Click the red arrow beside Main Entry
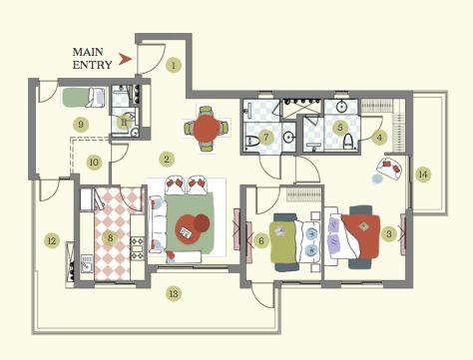tap(125, 59)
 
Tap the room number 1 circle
tap(174, 66)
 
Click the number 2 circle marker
tap(167, 159)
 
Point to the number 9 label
tap(81, 124)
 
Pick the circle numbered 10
tap(94, 161)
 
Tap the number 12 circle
tap(51, 239)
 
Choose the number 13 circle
tap(174, 293)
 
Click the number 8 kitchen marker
tap(111, 236)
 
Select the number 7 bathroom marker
tap(266, 137)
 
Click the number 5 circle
tap(340, 128)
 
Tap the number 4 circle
tap(380, 136)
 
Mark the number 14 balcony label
tap(423, 175)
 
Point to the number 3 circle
tap(389, 234)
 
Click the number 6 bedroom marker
tap(261, 239)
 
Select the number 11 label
tap(125, 121)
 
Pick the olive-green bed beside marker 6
tap(286, 239)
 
